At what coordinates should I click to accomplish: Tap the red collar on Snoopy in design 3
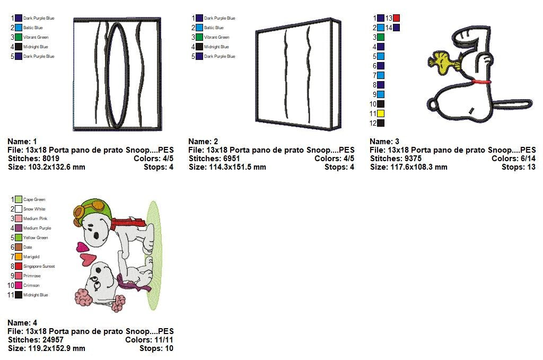pyautogui.click(x=480, y=82)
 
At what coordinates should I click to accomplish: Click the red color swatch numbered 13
pyautogui.click(x=396, y=18)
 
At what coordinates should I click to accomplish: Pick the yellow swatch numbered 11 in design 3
pyautogui.click(x=381, y=113)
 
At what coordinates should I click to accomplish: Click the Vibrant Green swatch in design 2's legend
pyautogui.click(x=199, y=37)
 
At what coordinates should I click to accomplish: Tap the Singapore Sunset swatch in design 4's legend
pyautogui.click(x=19, y=266)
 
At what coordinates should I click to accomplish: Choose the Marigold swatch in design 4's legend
pyautogui.click(x=19, y=257)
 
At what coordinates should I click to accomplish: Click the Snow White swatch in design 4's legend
pyautogui.click(x=19, y=209)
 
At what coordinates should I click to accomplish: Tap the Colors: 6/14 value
pyautogui.click(x=513, y=159)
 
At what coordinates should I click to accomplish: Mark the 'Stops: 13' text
pyautogui.click(x=518, y=167)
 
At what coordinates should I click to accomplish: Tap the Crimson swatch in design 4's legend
pyautogui.click(x=19, y=285)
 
